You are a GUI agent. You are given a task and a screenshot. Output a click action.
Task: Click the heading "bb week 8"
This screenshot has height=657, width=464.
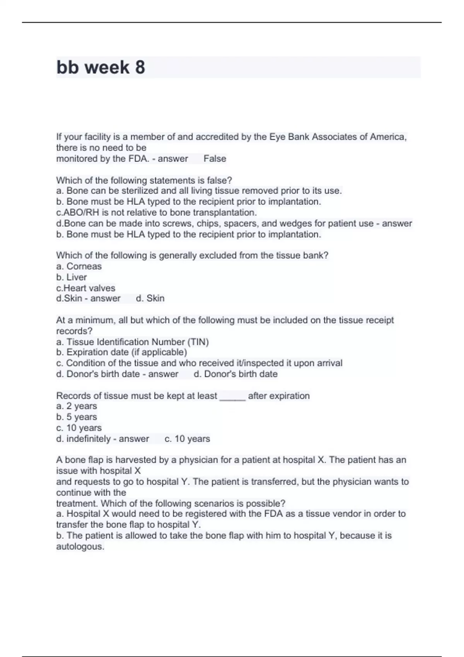(x=101, y=67)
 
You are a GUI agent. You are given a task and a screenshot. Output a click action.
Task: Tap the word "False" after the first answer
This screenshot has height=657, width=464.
(x=215, y=158)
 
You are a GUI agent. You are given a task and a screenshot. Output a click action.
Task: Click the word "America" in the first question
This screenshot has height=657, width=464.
(x=388, y=137)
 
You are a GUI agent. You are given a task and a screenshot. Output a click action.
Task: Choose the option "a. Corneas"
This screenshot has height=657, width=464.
(x=79, y=266)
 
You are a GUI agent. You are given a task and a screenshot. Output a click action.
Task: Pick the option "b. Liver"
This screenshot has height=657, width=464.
(x=72, y=277)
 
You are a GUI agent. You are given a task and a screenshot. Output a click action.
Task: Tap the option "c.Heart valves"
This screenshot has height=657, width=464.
(x=85, y=288)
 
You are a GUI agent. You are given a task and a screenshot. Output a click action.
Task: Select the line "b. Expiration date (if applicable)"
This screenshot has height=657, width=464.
(x=121, y=352)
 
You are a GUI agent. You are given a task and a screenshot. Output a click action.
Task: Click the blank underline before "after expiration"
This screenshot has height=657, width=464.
(x=232, y=396)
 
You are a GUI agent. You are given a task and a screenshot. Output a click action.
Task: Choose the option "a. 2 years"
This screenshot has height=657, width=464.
(x=77, y=406)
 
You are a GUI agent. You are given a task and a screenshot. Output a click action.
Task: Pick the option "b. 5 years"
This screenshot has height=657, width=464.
(x=77, y=417)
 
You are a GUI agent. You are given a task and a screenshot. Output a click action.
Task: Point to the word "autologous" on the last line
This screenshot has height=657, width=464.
(x=80, y=546)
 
